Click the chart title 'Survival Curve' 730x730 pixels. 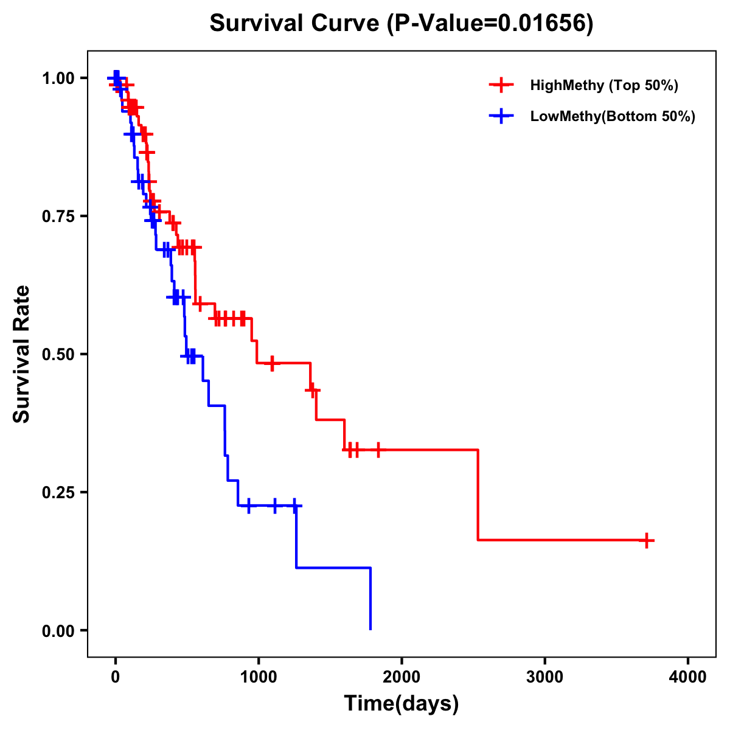(295, 24)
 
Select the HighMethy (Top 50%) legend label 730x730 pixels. (603, 85)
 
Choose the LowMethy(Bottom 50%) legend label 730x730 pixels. (613, 116)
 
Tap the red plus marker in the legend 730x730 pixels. (501, 85)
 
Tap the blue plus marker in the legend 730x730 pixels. (501, 116)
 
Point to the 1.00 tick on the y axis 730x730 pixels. (58, 78)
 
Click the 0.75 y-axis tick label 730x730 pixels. (58, 216)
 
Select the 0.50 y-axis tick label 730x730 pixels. (58, 354)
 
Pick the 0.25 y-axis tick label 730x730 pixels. (58, 492)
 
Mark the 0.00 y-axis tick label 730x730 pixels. (58, 630)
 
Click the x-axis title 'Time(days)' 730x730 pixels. (401, 704)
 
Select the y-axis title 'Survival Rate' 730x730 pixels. (23, 354)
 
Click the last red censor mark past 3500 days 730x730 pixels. (647, 540)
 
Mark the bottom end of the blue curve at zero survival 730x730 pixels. (370, 629)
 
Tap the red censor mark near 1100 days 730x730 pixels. (272, 363)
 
